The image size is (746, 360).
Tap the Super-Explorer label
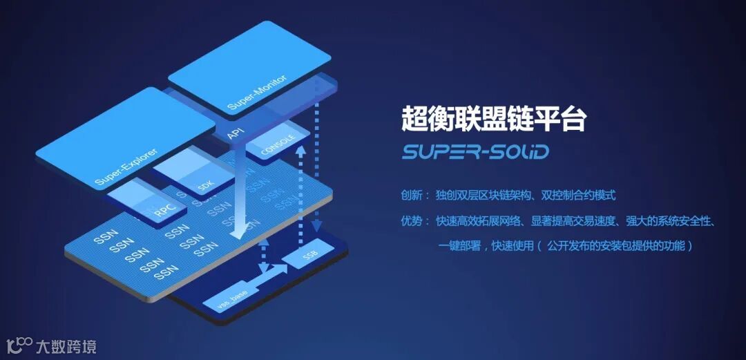[x=126, y=168]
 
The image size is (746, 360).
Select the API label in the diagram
[x=235, y=132]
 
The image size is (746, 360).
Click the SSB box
[x=310, y=257]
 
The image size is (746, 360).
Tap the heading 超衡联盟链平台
[x=493, y=119]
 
